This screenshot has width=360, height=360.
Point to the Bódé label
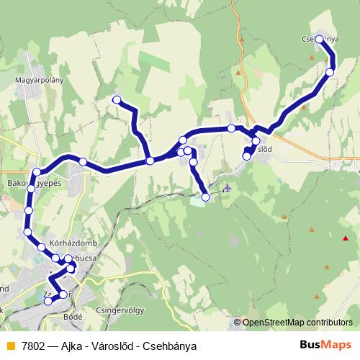(x=73, y=315)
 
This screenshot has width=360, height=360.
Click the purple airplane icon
(x=228, y=189)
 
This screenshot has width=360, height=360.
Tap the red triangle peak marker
(x=346, y=238)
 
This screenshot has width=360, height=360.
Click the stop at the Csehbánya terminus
(x=320, y=41)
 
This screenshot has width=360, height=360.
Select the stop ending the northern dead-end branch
(x=116, y=100)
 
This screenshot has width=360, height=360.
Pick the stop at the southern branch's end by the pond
(x=205, y=197)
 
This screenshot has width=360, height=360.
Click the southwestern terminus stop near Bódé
(x=48, y=302)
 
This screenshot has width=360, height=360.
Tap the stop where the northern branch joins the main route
(x=150, y=161)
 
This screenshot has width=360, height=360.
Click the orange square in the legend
(x=10, y=346)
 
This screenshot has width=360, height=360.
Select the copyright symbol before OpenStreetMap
(x=238, y=323)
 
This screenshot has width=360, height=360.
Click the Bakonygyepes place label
(x=27, y=184)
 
